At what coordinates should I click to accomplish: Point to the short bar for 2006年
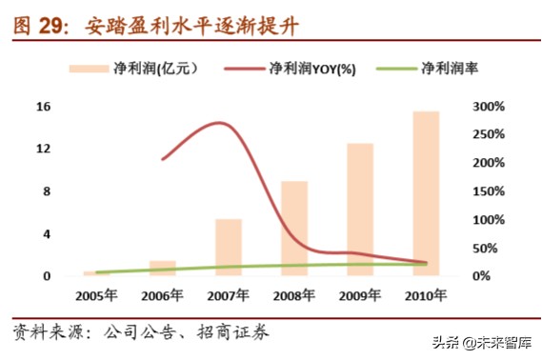point(163,268)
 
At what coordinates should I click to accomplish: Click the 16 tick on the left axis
point(43,107)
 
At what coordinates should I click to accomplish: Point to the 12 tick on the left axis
point(43,150)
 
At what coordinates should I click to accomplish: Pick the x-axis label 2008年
point(294,295)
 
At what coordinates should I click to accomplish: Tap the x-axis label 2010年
point(426,295)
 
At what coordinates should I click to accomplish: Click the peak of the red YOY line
point(221,123)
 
